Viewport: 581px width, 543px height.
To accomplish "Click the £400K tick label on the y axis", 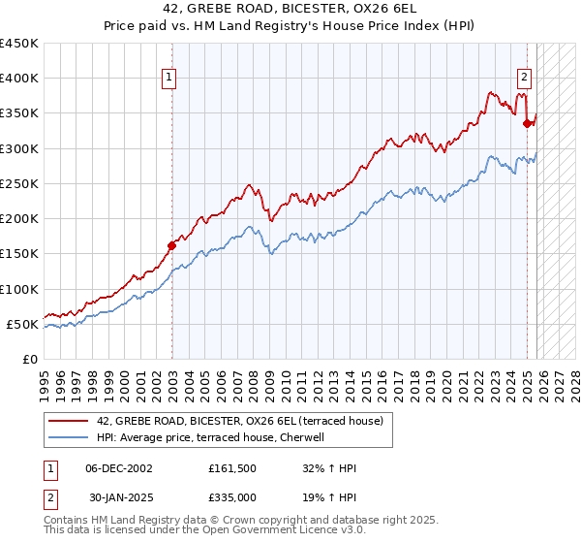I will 19,79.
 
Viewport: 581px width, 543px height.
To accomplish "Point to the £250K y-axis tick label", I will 19,183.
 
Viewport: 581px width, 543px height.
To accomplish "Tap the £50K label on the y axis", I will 23,324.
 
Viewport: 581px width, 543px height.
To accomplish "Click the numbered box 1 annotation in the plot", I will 169,79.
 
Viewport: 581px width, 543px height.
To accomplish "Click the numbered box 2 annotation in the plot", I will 524,79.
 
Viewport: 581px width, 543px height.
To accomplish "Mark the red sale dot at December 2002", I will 172,245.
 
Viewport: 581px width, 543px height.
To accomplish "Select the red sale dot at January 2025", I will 528,123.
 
